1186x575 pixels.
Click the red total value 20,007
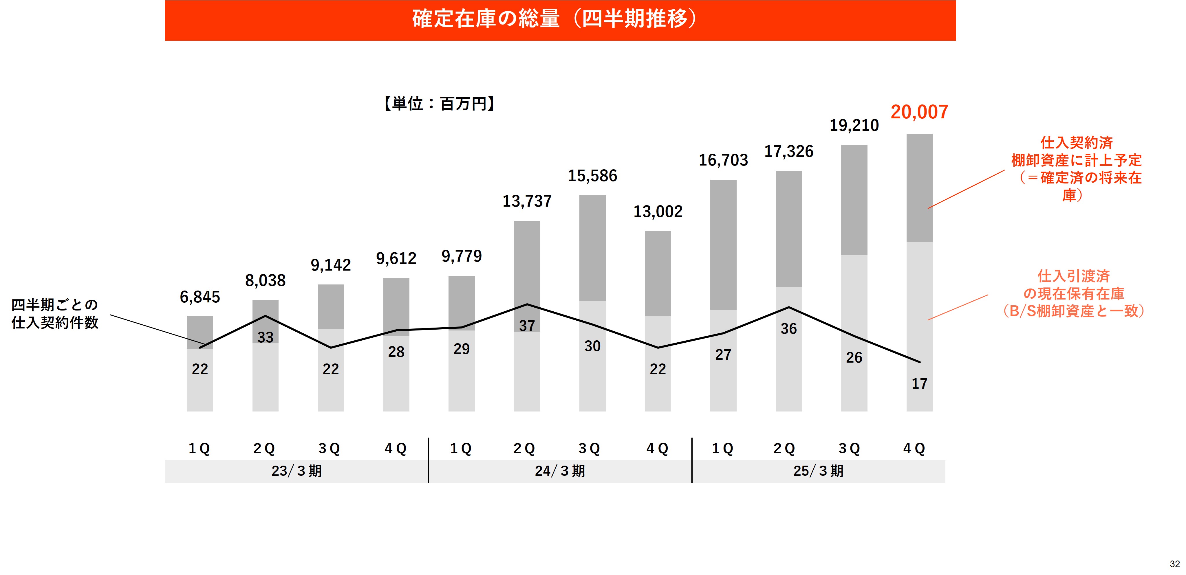tap(919, 112)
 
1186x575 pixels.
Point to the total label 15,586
tap(592, 176)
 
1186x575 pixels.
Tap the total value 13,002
tap(658, 212)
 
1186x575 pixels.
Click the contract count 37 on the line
tap(527, 326)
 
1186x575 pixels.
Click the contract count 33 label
tap(265, 337)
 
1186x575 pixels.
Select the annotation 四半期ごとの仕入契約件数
tap(55, 314)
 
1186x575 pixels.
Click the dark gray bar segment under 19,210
tap(854, 200)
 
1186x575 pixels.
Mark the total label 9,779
tap(461, 256)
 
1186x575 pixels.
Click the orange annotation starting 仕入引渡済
tap(1074, 293)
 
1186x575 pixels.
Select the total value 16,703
tap(723, 160)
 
